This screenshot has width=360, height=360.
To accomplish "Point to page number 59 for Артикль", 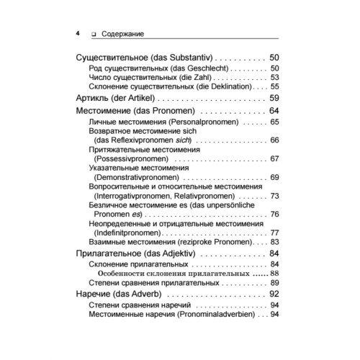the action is (x=274, y=98).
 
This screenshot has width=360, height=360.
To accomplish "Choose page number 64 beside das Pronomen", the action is (x=274, y=112).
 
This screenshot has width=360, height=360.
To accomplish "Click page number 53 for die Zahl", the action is (x=274, y=77).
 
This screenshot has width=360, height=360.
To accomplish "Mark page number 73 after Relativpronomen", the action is (x=274, y=196).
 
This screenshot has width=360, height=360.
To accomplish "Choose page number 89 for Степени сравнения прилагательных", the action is (x=274, y=283).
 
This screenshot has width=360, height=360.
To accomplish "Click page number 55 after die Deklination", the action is (x=274, y=86).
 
